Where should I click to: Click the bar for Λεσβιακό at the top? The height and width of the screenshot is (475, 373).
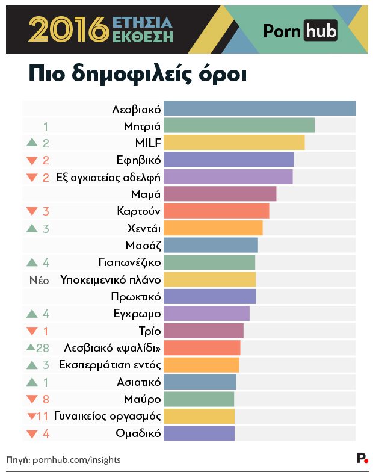pyautogui.click(x=259, y=108)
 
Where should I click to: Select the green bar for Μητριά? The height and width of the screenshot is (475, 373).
pyautogui.click(x=239, y=125)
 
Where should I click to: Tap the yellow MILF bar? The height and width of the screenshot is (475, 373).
pyautogui.click(x=234, y=143)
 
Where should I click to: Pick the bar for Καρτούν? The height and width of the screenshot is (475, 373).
pyautogui.click(x=216, y=211)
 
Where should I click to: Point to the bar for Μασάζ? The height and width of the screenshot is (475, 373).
pyautogui.click(x=211, y=245)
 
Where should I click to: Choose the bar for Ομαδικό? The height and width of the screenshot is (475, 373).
pyautogui.click(x=199, y=433)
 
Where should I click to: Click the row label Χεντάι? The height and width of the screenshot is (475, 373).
pyautogui.click(x=144, y=228)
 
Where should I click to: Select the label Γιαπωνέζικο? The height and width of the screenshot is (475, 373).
pyautogui.click(x=129, y=262)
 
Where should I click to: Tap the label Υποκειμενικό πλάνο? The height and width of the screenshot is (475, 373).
pyautogui.click(x=111, y=280)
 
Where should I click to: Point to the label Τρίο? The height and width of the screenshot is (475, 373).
pyautogui.click(x=149, y=331)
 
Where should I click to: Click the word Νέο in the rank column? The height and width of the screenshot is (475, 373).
pyautogui.click(x=39, y=280)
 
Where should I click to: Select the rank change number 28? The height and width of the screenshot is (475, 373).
pyautogui.click(x=42, y=348)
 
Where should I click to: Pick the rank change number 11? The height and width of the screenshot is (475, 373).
pyautogui.click(x=42, y=416)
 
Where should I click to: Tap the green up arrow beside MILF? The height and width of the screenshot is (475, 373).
pyautogui.click(x=32, y=143)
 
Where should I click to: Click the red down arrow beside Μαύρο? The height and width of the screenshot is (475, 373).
pyautogui.click(x=32, y=399)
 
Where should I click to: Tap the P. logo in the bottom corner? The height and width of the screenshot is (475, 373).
pyautogui.click(x=362, y=459)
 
